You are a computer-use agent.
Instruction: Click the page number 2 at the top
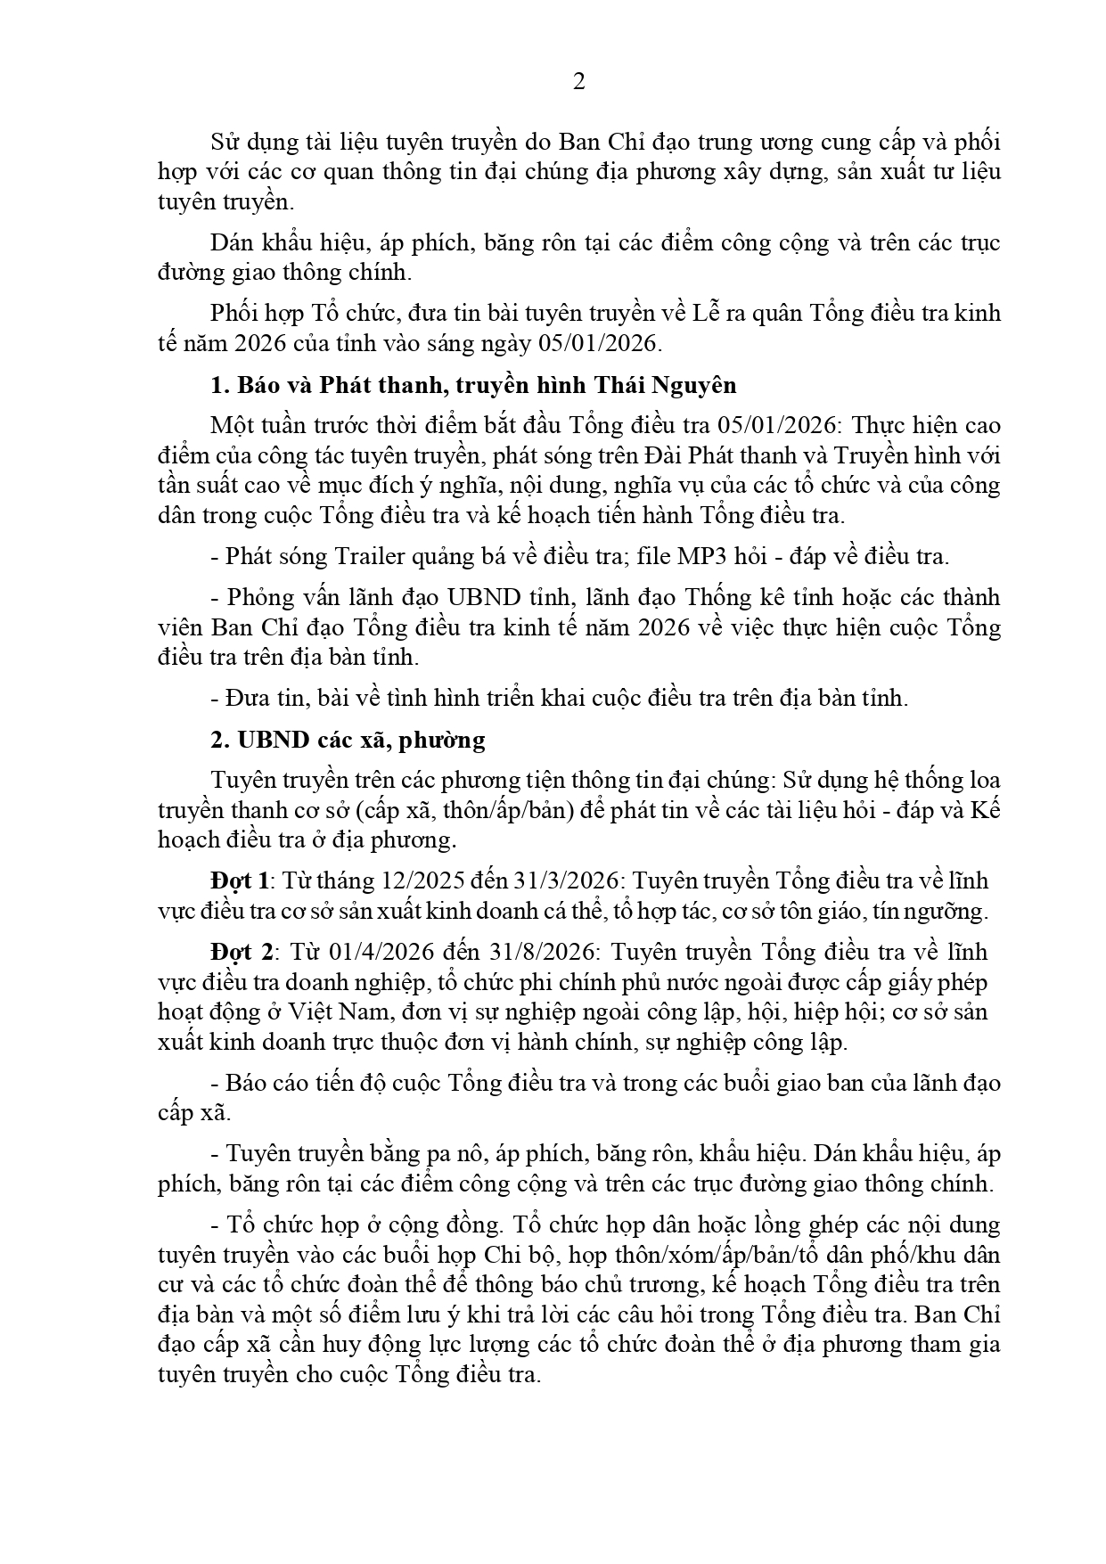click(x=579, y=83)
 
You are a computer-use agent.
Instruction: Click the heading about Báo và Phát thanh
click(x=473, y=385)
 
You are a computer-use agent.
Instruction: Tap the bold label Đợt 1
click(x=240, y=880)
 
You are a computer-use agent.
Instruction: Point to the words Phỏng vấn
click(x=271, y=597)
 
